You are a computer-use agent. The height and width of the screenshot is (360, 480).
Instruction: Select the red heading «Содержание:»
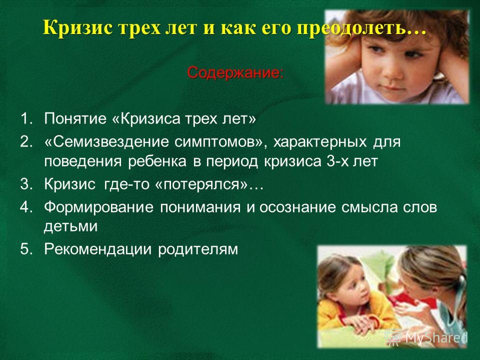[x=235, y=73]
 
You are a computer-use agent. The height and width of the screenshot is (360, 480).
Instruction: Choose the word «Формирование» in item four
[x=99, y=207]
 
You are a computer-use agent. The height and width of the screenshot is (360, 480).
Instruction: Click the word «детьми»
[x=70, y=227]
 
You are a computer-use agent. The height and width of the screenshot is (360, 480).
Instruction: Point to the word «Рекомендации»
[x=98, y=249]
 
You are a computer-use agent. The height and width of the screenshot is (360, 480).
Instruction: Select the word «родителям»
[x=198, y=249]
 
